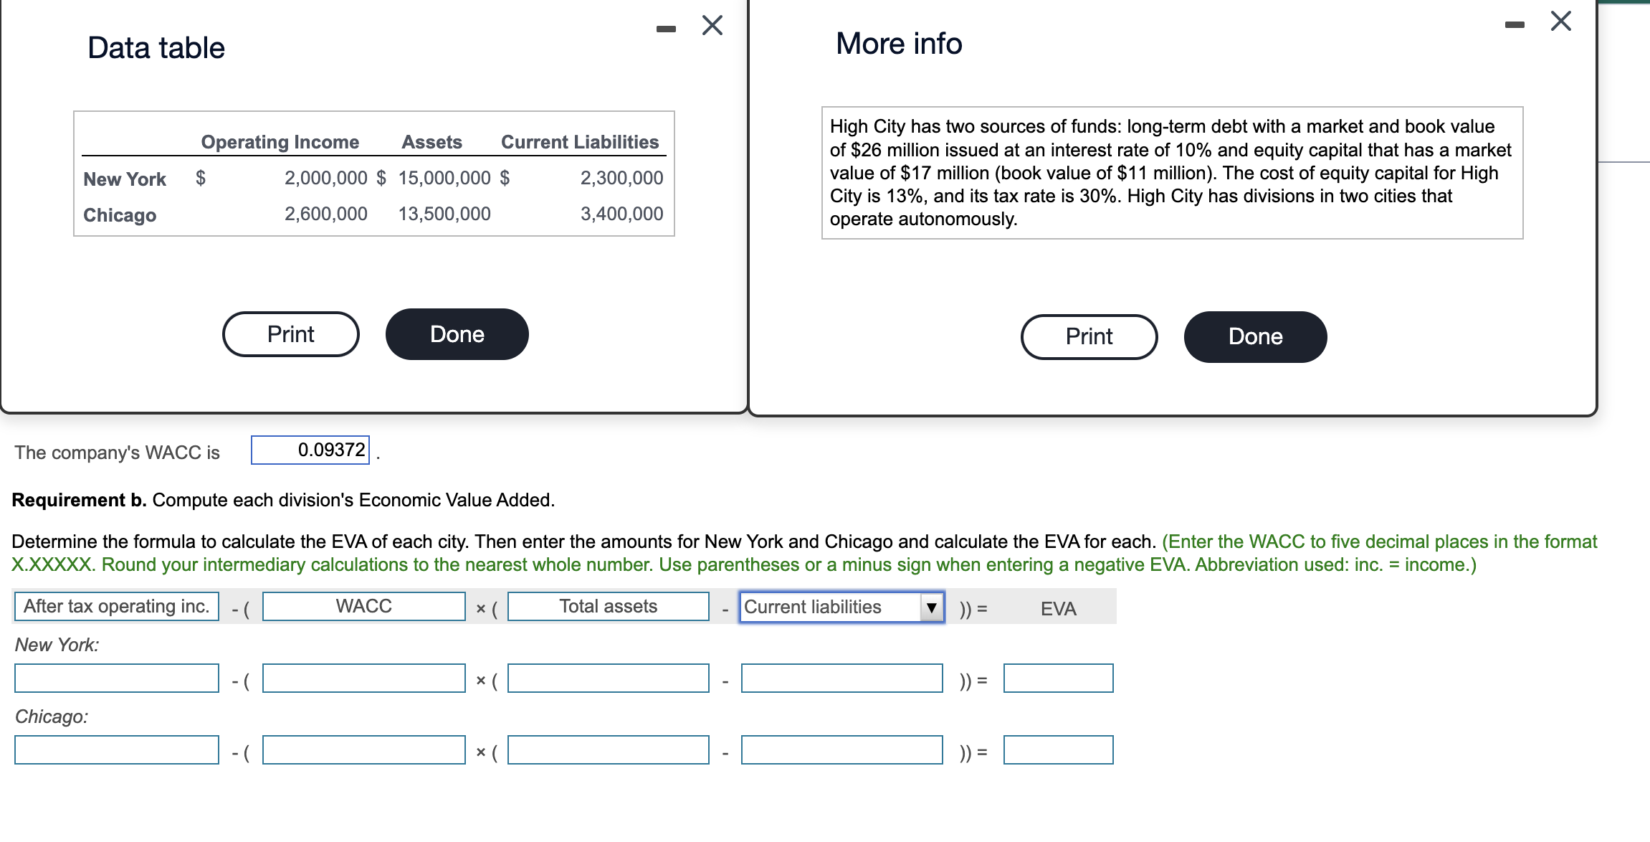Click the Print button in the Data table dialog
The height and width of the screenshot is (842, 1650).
click(290, 334)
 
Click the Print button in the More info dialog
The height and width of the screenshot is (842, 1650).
click(1088, 336)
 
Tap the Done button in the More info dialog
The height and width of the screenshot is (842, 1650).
click(1254, 336)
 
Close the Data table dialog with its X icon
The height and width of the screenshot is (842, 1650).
click(712, 26)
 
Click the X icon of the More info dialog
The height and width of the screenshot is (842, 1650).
click(1560, 22)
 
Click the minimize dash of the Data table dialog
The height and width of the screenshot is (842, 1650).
click(666, 29)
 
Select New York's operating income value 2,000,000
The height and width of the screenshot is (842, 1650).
click(325, 178)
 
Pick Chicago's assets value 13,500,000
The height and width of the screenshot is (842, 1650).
click(444, 214)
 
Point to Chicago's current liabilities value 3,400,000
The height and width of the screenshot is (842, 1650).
click(621, 214)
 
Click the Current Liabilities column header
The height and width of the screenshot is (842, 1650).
click(579, 142)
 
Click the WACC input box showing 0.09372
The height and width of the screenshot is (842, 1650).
click(310, 450)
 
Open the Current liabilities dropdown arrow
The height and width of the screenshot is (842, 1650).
click(931, 607)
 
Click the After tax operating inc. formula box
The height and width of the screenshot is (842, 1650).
click(117, 607)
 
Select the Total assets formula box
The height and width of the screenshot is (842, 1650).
click(608, 607)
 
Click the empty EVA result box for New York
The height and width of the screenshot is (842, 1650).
click(1058, 678)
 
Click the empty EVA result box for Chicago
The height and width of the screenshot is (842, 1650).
click(1058, 750)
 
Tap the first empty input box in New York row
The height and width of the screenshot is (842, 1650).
click(117, 678)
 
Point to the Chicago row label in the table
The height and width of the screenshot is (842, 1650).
click(120, 215)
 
